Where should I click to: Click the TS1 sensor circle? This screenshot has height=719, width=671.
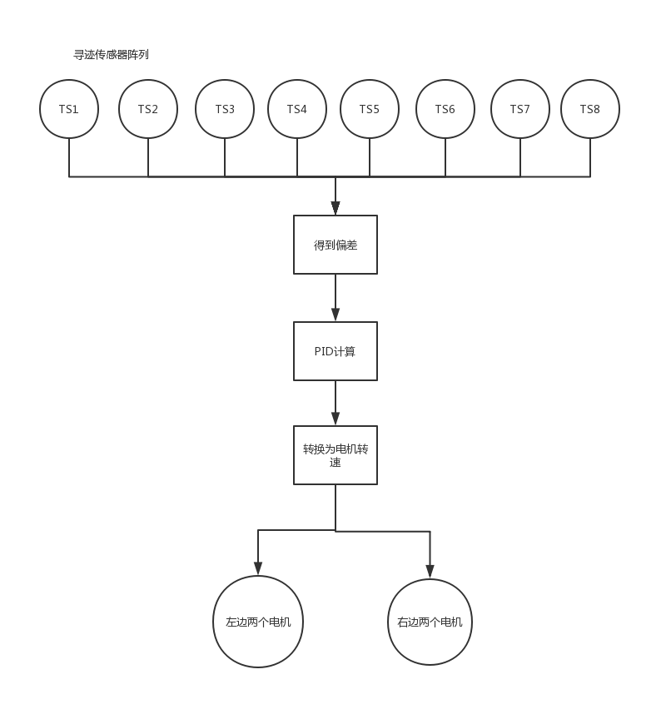click(69, 109)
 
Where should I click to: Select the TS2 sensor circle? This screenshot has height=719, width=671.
click(148, 109)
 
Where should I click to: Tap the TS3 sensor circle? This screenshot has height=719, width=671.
click(225, 109)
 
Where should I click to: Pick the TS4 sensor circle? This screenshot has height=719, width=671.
click(297, 109)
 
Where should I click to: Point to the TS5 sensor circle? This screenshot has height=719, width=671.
click(370, 109)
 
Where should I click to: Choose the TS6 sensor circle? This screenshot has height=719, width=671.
click(445, 109)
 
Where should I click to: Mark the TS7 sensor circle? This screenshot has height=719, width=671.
click(520, 109)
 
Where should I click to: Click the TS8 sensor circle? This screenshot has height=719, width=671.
click(590, 109)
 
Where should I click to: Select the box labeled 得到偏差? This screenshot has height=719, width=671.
click(335, 245)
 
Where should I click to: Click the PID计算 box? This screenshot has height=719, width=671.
click(335, 351)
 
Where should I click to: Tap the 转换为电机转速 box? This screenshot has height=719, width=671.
click(335, 455)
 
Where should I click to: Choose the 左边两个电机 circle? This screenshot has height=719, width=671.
click(258, 622)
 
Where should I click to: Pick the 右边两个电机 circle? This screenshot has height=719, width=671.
click(430, 622)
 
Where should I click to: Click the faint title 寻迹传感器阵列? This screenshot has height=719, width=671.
click(112, 55)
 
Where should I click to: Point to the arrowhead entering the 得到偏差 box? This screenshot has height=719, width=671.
click(335, 209)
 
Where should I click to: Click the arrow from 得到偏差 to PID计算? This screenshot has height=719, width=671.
click(335, 298)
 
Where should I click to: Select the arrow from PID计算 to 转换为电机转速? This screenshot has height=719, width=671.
click(335, 404)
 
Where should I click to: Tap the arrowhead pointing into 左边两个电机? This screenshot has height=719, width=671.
click(258, 569)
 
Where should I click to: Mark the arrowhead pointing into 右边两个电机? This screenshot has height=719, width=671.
click(430, 572)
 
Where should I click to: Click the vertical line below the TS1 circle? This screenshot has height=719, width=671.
click(69, 157)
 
